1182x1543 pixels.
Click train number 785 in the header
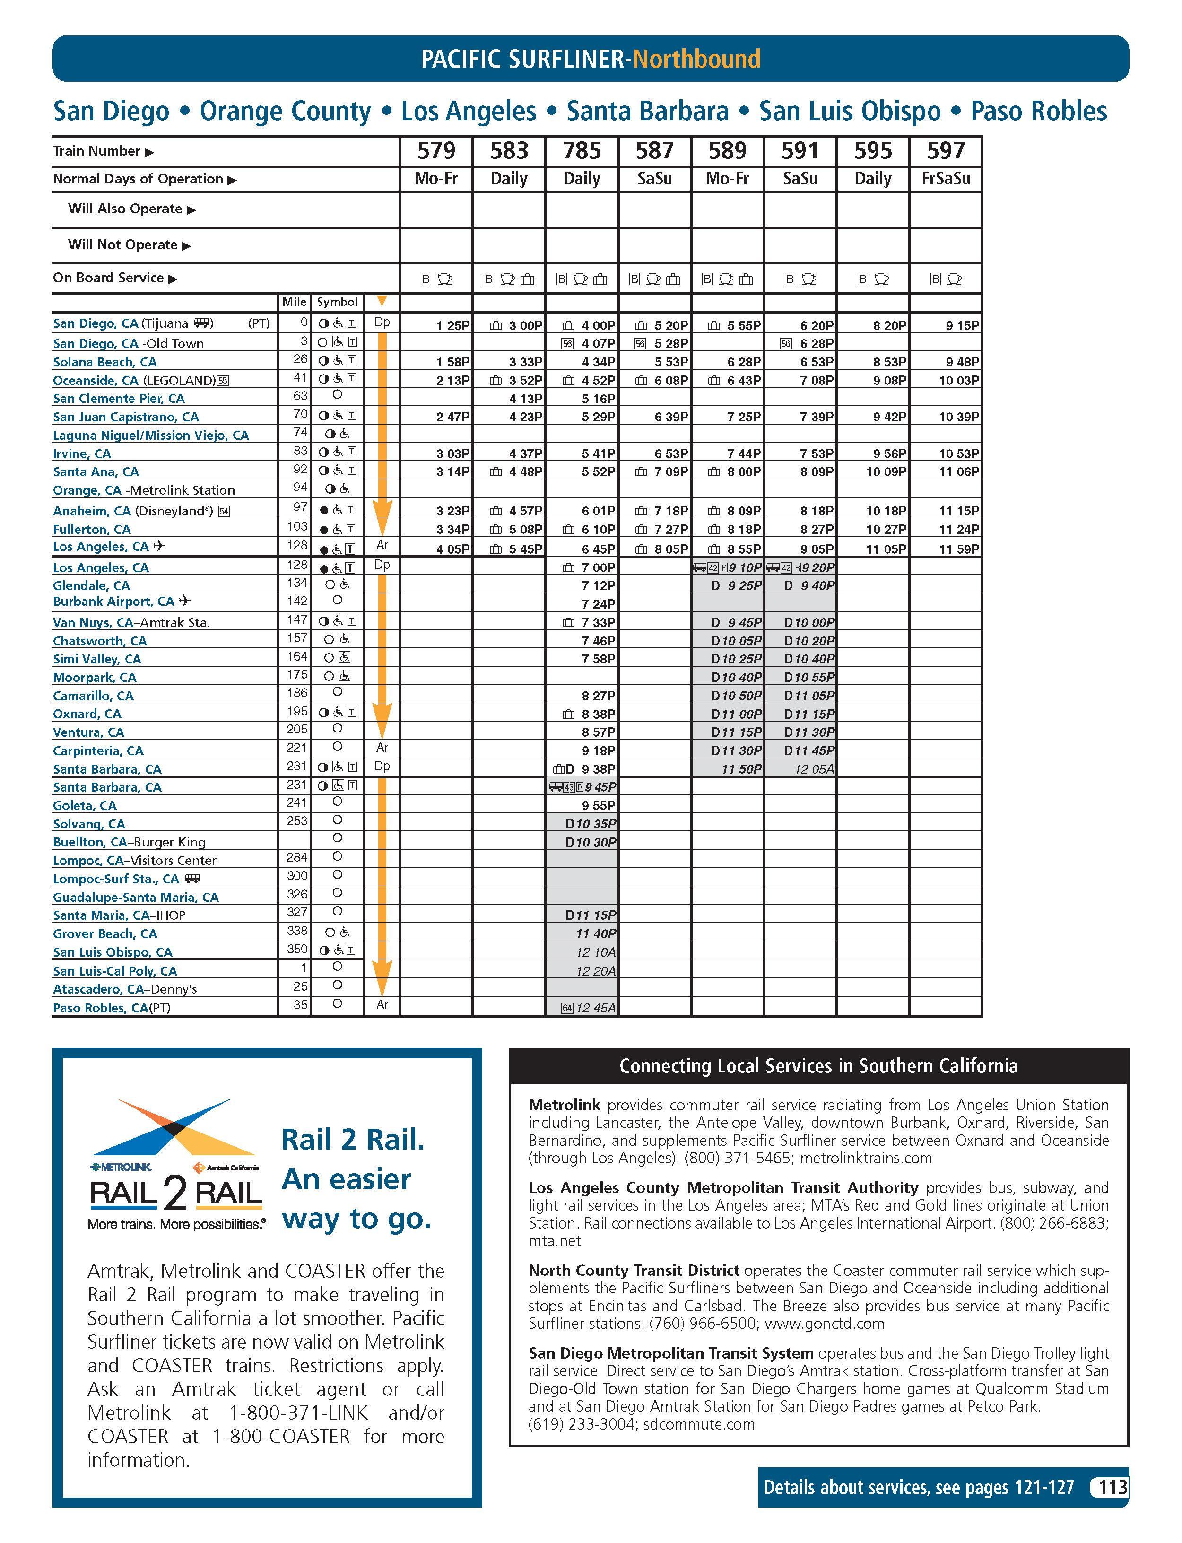(582, 150)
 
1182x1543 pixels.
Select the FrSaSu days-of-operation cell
(946, 179)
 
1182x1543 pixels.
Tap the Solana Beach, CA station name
(105, 362)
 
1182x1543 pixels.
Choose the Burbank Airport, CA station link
(113, 602)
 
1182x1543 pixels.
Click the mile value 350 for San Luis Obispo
(297, 949)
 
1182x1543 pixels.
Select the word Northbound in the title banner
(696, 58)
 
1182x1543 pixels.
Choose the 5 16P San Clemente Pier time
(598, 398)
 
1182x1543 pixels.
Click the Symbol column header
(337, 302)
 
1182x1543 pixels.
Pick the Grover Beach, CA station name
(105, 933)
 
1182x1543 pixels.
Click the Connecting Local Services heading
(818, 1066)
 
